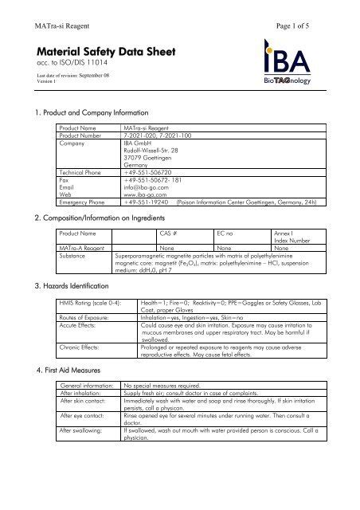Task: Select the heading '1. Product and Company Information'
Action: [x=97, y=113]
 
